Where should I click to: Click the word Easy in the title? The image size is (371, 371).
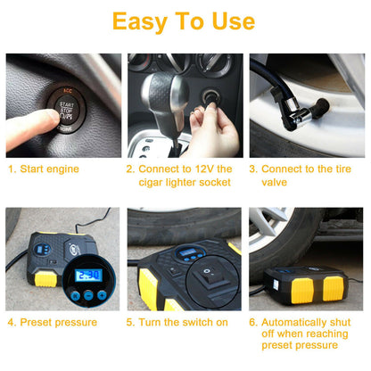(x=139, y=21)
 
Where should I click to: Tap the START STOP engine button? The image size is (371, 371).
(x=66, y=110)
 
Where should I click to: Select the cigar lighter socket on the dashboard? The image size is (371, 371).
(x=210, y=97)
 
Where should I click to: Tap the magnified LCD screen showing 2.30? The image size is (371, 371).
(x=89, y=276)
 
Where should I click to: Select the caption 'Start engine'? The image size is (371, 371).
(x=49, y=169)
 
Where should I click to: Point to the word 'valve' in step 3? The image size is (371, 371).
(x=274, y=182)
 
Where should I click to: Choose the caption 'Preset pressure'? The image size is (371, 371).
(x=59, y=322)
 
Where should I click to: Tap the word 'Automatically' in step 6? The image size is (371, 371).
(x=293, y=323)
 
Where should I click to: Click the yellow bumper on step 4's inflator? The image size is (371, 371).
(x=45, y=279)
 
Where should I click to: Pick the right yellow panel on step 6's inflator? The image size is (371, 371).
(x=334, y=288)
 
